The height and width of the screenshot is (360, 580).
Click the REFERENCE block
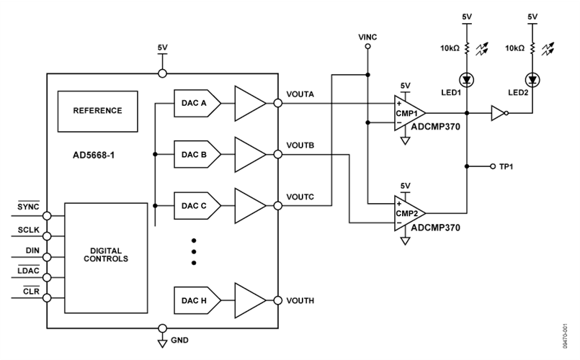click(97, 111)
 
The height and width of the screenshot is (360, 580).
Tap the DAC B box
click(194, 155)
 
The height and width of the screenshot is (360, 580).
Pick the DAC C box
click(194, 205)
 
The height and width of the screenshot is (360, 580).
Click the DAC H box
click(194, 300)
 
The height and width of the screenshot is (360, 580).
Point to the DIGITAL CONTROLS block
click(106, 255)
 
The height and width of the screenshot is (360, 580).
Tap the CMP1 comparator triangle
click(409, 113)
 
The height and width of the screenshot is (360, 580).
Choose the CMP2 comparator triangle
click(409, 213)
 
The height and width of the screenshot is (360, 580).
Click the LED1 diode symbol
click(465, 78)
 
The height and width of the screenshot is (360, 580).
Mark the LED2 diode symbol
click(533, 78)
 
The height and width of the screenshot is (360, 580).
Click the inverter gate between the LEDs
click(499, 113)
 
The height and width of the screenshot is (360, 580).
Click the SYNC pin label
click(28, 207)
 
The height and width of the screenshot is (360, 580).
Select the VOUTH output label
click(300, 301)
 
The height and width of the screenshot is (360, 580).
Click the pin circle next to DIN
click(47, 255)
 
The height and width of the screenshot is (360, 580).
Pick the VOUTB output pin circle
click(278, 155)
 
